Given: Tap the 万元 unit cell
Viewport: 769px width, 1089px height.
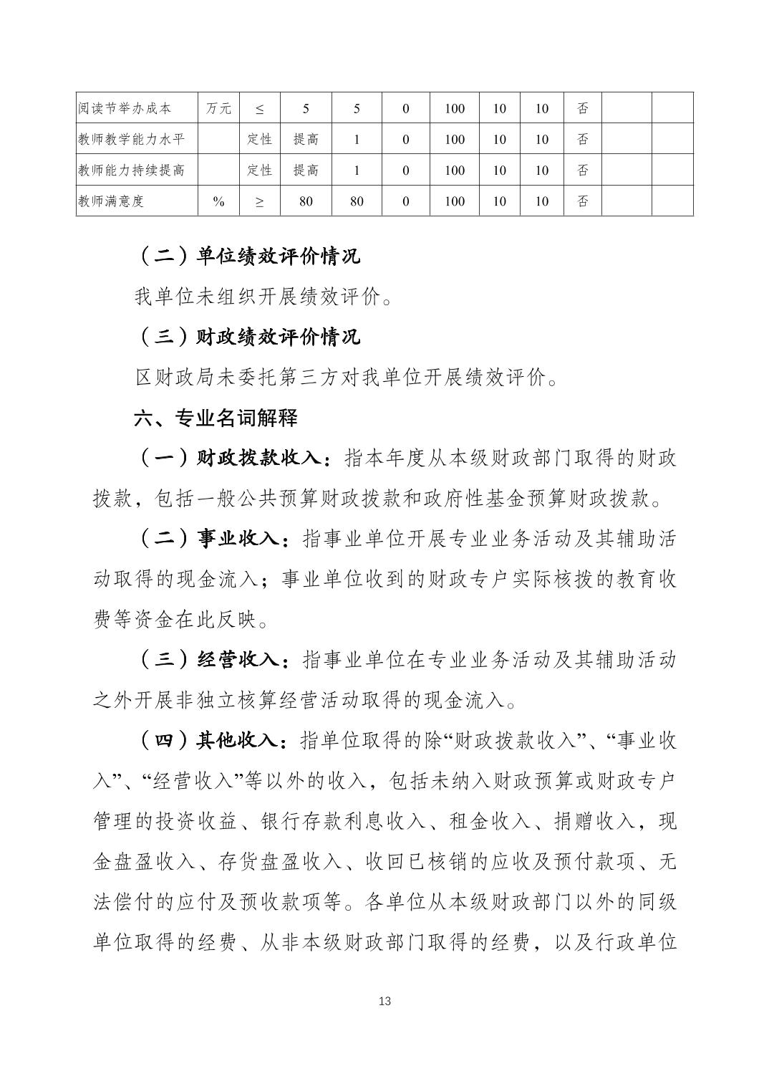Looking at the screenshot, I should point(218,108).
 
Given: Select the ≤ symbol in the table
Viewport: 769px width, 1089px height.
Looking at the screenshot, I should point(259,109).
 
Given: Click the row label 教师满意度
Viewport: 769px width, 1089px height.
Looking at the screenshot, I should point(111,201).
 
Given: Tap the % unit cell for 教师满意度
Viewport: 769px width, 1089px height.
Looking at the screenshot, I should point(218,201).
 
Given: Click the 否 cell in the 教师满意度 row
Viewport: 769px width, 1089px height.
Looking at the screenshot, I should point(582,201).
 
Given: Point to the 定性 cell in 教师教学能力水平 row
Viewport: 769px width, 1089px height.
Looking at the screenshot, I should point(259,139).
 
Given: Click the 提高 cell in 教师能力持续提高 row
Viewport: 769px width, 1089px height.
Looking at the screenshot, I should point(306,170).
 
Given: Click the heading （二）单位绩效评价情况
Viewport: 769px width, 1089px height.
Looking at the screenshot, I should point(248,256).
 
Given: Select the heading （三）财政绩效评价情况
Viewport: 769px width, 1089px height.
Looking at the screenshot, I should point(248,337).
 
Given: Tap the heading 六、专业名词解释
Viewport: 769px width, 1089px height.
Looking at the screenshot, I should point(216,418).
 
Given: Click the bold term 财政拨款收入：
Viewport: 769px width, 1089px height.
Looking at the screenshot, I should point(264,459).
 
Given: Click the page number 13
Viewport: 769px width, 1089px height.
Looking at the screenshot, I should point(384,1001).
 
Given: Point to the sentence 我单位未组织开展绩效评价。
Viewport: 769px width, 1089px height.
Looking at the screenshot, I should point(263,297).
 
